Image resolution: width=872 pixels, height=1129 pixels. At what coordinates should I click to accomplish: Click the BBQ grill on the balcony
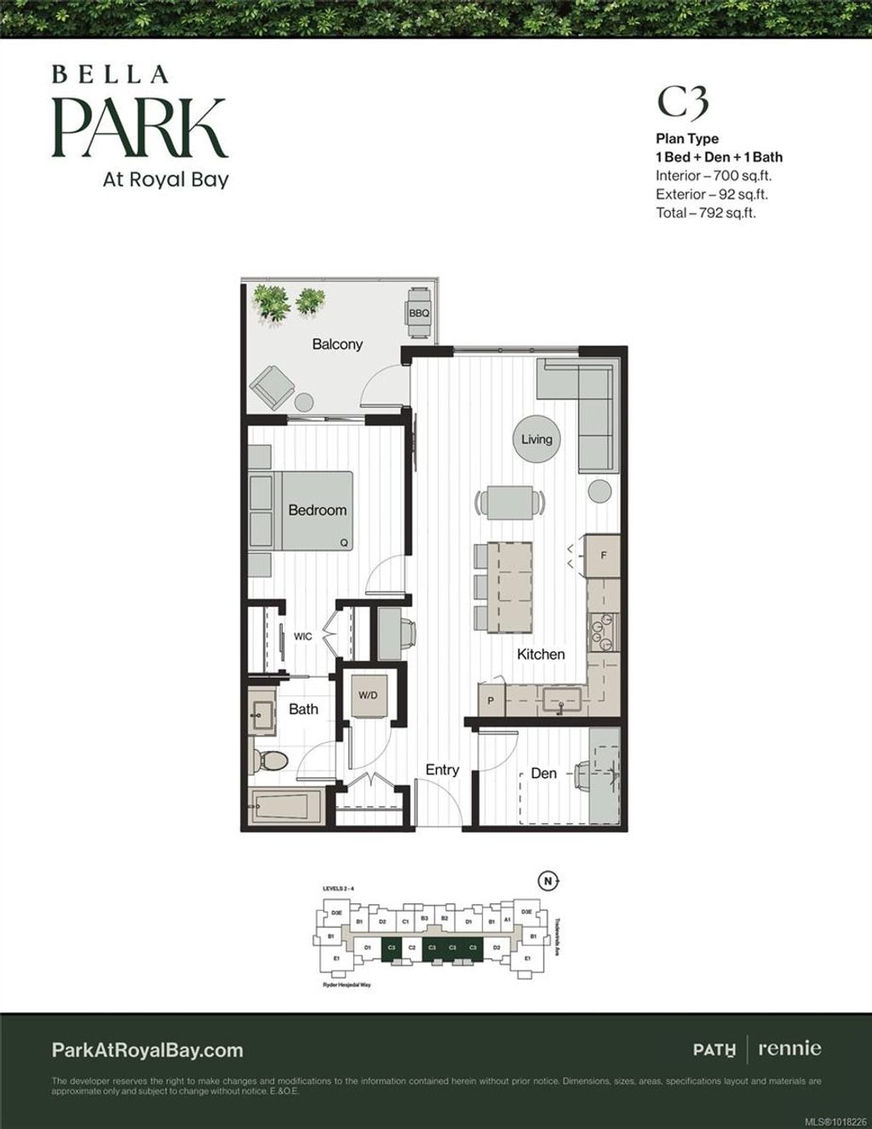419,312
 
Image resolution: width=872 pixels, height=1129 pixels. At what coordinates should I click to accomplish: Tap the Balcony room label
337,344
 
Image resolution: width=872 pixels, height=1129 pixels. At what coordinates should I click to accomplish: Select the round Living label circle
536,439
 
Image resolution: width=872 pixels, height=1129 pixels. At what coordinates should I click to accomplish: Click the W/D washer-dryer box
368,696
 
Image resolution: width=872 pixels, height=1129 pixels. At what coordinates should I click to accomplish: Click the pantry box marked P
490,701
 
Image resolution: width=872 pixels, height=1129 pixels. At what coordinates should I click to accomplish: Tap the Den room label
543,773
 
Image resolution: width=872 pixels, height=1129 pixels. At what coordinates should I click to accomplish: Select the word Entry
442,770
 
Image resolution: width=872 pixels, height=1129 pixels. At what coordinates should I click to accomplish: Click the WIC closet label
302,636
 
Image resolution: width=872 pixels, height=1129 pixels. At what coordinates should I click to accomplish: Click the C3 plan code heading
682,102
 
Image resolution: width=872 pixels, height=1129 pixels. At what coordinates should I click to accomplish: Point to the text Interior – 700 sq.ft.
714,175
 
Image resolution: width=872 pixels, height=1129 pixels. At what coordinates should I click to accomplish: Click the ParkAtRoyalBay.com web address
147,1050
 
